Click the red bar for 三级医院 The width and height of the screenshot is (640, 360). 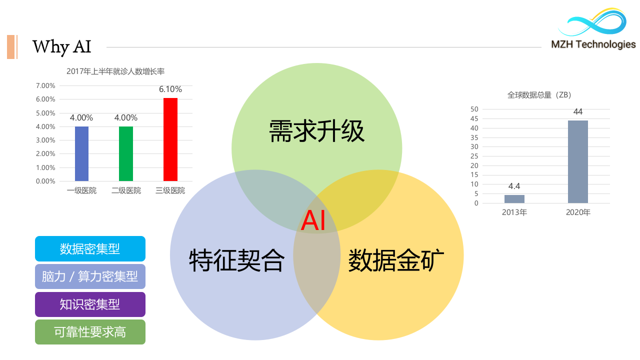tap(170, 139)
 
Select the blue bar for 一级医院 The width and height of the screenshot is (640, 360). tap(81, 153)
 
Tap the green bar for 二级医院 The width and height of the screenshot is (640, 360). tap(126, 153)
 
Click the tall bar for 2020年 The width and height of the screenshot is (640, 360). tap(577, 161)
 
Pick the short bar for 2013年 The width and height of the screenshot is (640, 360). tap(514, 199)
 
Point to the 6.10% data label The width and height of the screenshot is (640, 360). tap(170, 89)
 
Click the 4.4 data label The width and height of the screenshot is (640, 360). tap(514, 186)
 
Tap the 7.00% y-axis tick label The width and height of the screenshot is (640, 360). tap(45, 85)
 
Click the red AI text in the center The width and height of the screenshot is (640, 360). tap(313, 220)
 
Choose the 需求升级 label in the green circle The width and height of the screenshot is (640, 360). tap(317, 131)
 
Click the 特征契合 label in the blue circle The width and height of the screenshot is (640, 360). tap(237, 260)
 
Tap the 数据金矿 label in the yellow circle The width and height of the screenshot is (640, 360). tap(396, 260)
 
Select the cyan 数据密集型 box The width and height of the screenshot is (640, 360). tap(90, 248)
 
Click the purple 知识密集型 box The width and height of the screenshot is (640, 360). tap(90, 304)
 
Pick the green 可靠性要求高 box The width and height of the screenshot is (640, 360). tap(90, 332)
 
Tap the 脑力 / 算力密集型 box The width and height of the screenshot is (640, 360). tap(90, 276)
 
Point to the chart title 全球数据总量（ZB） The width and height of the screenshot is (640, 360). tap(539, 95)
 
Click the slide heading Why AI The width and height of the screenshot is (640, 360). tap(61, 47)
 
